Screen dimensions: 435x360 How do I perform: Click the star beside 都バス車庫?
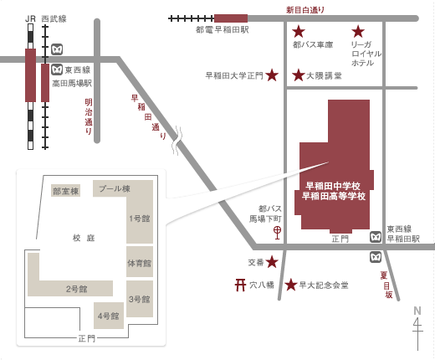point(299,31)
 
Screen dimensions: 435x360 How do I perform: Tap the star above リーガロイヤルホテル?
point(358,31)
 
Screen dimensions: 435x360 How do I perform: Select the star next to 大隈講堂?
point(299,75)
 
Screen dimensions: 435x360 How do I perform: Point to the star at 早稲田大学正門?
point(272,75)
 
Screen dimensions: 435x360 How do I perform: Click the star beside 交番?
point(272,262)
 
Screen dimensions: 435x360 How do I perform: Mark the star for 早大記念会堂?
point(291,285)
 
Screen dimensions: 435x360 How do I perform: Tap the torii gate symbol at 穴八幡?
point(240,285)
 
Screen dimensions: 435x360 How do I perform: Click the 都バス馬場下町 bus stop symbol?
point(277,233)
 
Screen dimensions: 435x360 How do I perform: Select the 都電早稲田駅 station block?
point(231,18)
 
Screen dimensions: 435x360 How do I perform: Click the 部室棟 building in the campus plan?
point(66,191)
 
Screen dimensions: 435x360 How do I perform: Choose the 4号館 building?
point(109,316)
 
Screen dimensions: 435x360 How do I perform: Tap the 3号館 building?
point(140,299)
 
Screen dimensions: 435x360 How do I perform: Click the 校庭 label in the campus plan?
point(84,238)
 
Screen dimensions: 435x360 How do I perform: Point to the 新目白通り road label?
point(305,10)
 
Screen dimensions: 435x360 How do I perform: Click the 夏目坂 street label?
point(386,285)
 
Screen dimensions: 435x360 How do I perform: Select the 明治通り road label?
point(89,116)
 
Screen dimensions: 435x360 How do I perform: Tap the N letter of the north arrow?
point(417,311)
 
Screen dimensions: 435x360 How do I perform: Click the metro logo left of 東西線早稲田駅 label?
point(376,237)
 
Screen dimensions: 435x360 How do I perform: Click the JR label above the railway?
point(30,19)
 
